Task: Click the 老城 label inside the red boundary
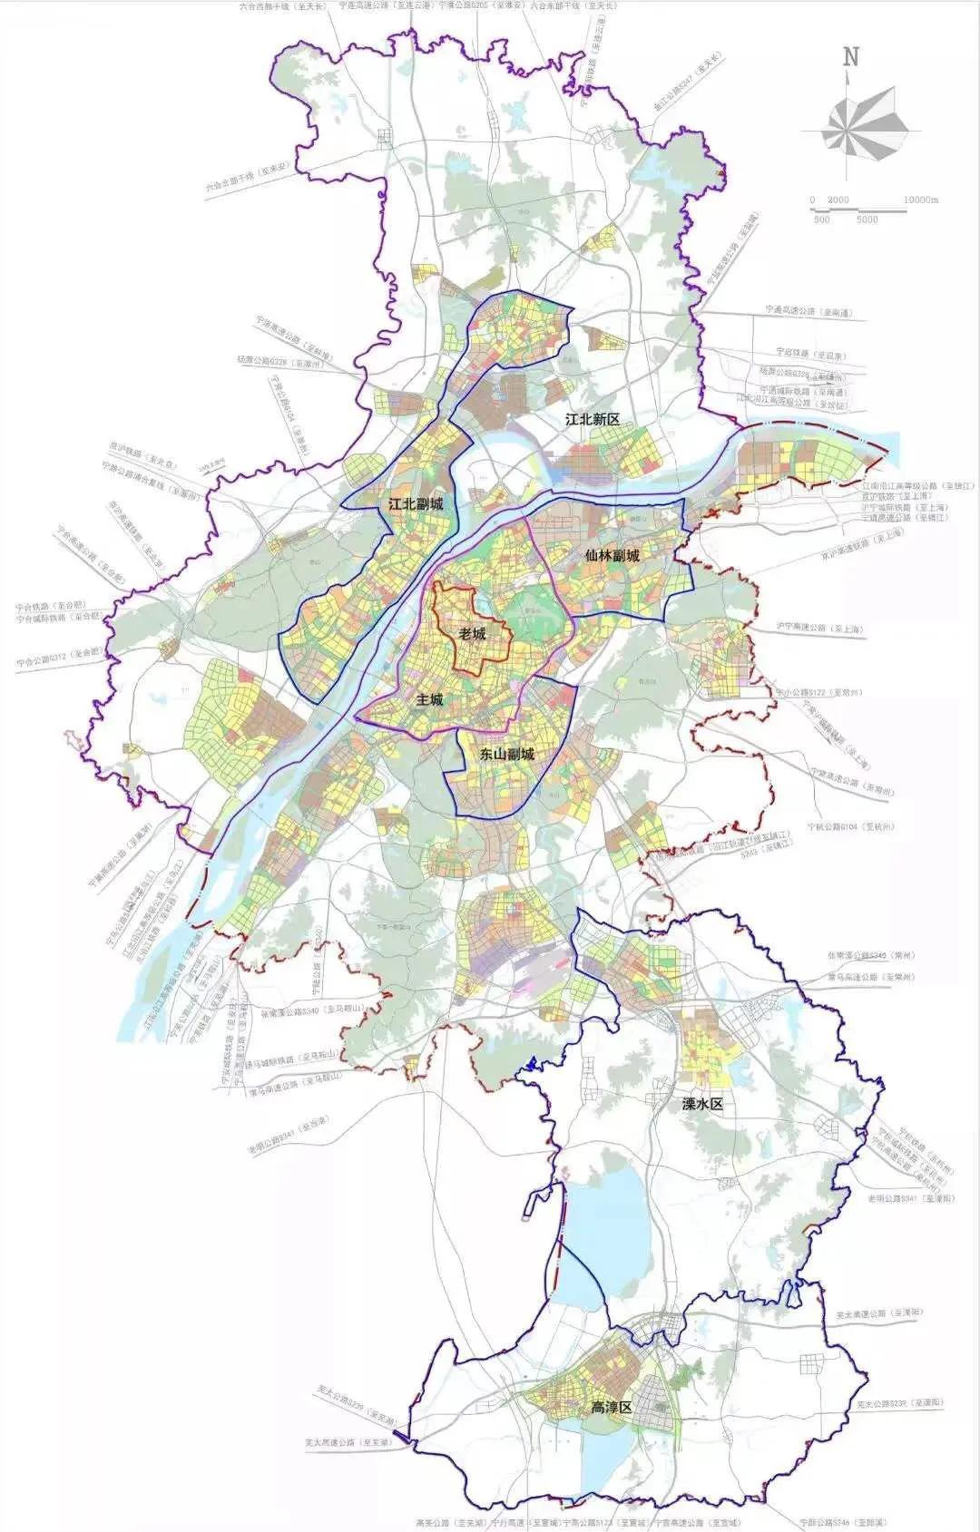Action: [x=473, y=633]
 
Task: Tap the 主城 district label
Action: [x=430, y=699]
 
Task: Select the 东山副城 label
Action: [x=507, y=754]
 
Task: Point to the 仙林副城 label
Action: [x=612, y=555]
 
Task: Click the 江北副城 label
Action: [x=416, y=503]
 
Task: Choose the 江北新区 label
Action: [x=592, y=419]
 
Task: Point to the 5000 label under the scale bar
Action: [x=867, y=220]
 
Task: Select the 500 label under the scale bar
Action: [x=821, y=220]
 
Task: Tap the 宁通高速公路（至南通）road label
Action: [x=809, y=311]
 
